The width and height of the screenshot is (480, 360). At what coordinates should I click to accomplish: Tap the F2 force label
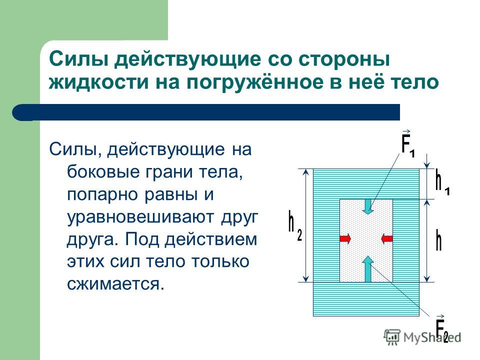pyautogui.click(x=442, y=328)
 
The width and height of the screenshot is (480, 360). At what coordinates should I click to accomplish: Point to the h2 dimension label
pyautogui.click(x=295, y=226)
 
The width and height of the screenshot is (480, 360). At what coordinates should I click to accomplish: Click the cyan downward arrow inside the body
pyautogui.click(x=367, y=206)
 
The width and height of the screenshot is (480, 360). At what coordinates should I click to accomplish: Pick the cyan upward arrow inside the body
pyautogui.click(x=368, y=269)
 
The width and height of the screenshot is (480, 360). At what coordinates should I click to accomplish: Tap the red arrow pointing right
pyautogui.click(x=345, y=238)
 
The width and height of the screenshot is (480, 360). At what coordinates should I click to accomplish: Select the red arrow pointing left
pyautogui.click(x=387, y=238)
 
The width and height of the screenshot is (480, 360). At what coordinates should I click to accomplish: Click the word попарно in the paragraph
pyautogui.click(x=101, y=195)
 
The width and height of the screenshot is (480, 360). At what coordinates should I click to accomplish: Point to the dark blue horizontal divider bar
pyautogui.click(x=205, y=112)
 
